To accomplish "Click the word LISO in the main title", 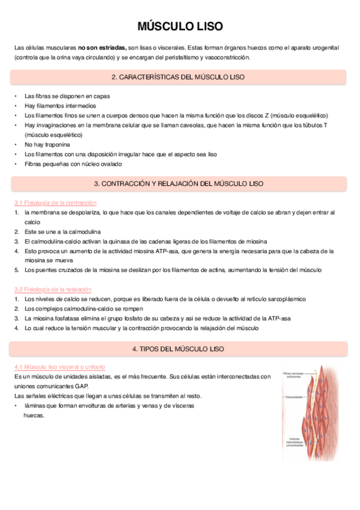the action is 208,26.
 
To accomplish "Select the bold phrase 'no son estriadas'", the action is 102,47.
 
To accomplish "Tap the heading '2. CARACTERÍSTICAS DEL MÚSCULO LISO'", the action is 178,78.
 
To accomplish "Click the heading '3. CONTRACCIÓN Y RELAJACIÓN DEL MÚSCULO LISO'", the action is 178,183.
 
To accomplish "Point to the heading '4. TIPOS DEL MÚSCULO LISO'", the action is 178,349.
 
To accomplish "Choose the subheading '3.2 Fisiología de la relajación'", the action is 53,289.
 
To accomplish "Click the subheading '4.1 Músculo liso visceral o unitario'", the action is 59,366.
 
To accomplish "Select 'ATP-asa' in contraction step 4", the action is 169,251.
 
